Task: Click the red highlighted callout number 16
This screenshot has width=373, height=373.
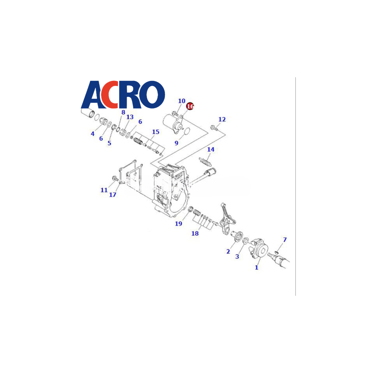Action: coord(190,106)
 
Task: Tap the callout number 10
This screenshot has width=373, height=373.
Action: coord(182,101)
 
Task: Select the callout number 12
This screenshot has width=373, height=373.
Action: coord(222,119)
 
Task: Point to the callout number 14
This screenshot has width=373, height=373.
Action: coord(211,149)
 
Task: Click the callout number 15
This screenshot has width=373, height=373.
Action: coord(156,132)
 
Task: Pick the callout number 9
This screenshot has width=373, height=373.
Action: coord(177,143)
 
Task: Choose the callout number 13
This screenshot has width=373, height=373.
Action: coord(130,117)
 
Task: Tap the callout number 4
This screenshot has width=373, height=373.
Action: coord(93,134)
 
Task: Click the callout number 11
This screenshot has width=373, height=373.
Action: coord(104,190)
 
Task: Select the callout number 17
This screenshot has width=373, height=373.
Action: coord(113,195)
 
